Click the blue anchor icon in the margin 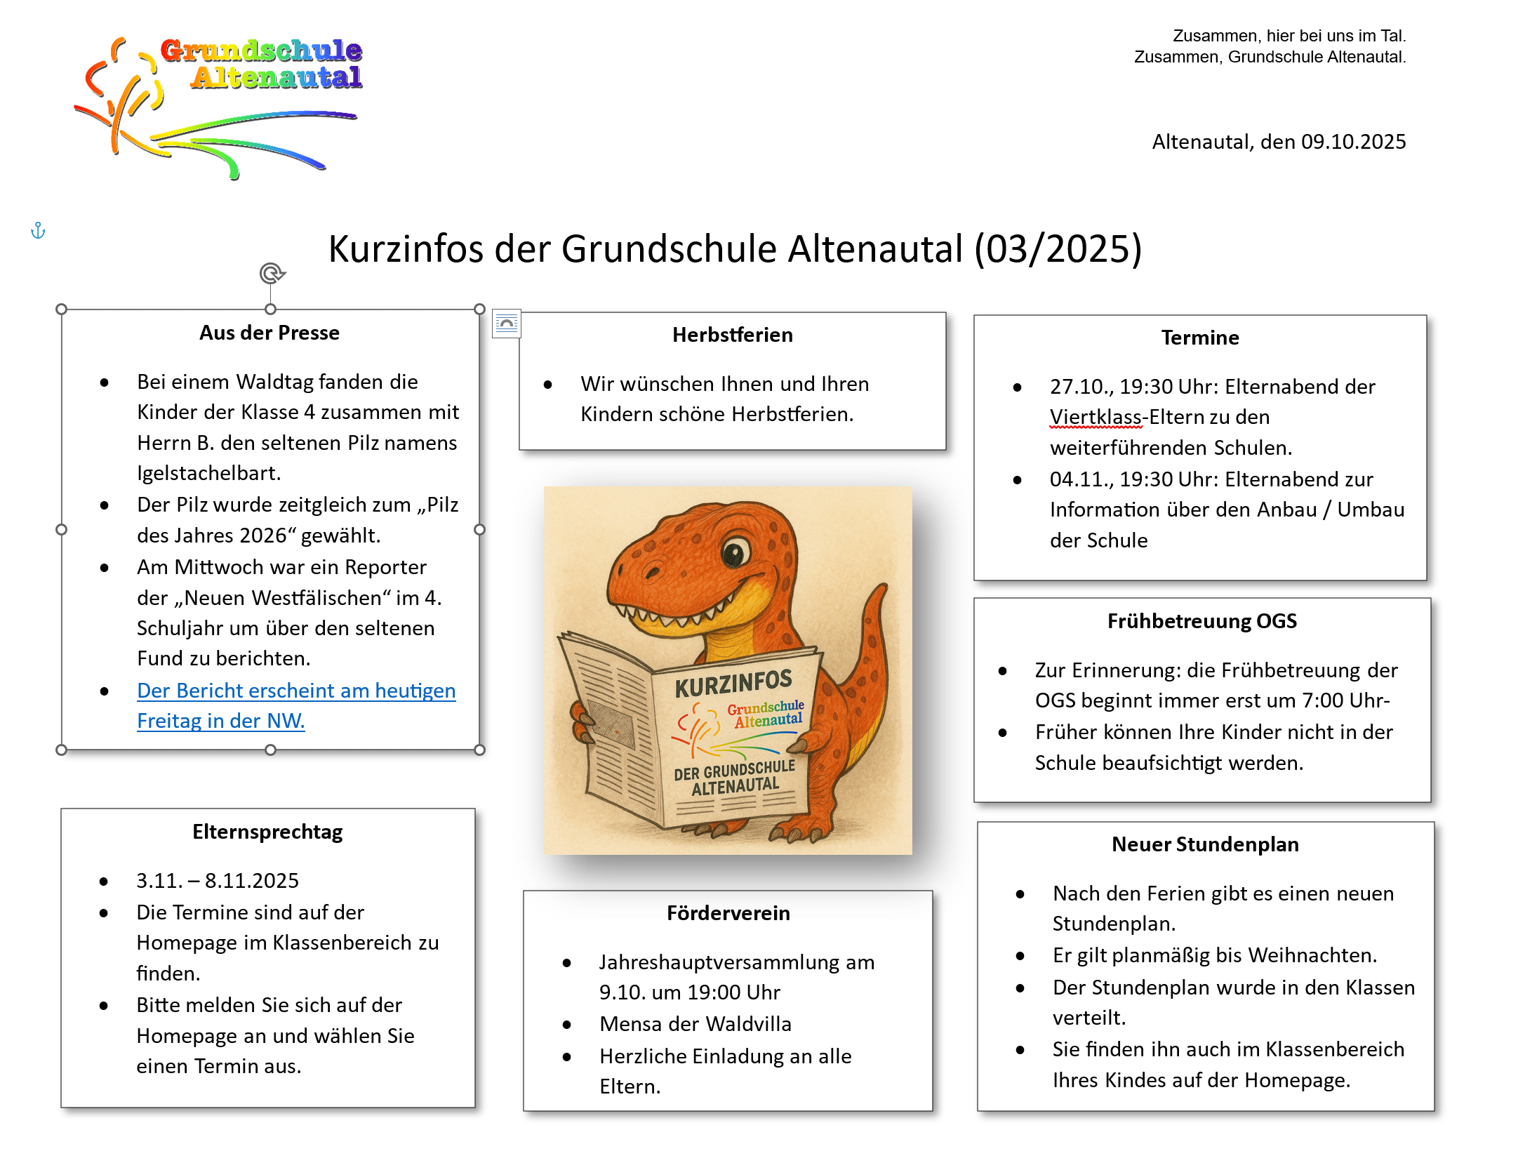(x=38, y=230)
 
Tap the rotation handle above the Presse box (x=272, y=273)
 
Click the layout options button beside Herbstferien (x=506, y=324)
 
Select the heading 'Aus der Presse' (x=269, y=333)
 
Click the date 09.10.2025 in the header (x=1353, y=142)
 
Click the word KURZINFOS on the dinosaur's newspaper (x=733, y=684)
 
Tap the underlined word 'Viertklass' (x=1096, y=417)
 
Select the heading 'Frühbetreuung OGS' (x=1201, y=621)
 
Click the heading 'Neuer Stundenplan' (x=1205, y=844)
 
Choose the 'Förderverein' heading (x=728, y=913)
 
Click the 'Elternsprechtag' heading (x=267, y=832)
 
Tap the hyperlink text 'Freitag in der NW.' (x=220, y=721)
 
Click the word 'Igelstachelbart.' (x=208, y=473)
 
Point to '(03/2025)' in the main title (x=1058, y=249)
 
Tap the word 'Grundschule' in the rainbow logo (x=261, y=51)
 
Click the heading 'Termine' (x=1199, y=338)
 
